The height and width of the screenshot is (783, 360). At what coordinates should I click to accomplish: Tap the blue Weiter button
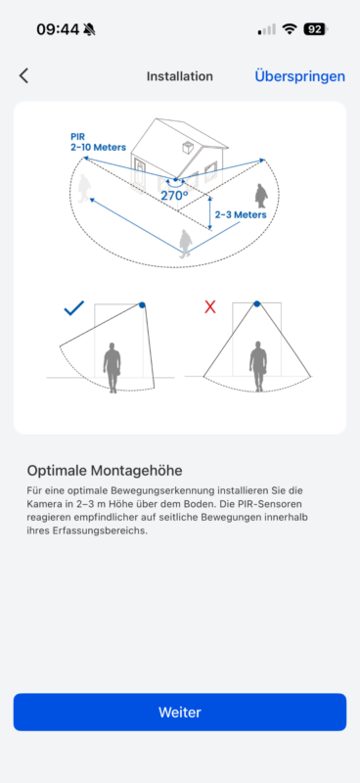[x=180, y=712]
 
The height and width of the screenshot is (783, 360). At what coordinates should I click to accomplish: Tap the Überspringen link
[x=299, y=76]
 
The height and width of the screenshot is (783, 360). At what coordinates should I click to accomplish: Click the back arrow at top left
[x=23, y=76]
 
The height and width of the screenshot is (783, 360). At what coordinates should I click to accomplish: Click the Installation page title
[x=180, y=76]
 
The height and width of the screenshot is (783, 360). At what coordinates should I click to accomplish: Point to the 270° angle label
[x=174, y=195]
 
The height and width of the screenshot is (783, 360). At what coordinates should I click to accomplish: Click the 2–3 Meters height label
[x=241, y=214]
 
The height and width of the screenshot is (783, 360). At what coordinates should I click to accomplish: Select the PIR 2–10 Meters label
[x=98, y=141]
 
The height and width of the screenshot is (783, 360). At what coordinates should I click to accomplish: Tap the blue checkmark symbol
[x=74, y=308]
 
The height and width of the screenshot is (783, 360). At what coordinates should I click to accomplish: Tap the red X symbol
[x=210, y=307]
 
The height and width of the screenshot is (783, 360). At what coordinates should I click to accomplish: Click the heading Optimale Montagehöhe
[x=105, y=470]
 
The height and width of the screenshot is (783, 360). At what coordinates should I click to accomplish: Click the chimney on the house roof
[x=188, y=148]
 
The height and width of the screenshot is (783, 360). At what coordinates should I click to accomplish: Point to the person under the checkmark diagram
[x=112, y=367]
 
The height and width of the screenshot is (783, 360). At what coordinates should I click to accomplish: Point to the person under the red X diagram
[x=258, y=366]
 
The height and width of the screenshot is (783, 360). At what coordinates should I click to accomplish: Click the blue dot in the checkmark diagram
[x=142, y=304]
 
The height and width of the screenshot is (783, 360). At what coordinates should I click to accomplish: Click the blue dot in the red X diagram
[x=256, y=303]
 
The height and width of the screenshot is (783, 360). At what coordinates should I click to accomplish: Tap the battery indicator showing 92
[x=316, y=29]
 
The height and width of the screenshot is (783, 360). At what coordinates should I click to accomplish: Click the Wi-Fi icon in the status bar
[x=290, y=29]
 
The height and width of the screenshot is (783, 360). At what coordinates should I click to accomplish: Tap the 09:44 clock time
[x=58, y=29]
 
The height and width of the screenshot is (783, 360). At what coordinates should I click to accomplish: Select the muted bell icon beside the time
[x=89, y=29]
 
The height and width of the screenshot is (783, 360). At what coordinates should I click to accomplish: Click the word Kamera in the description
[x=40, y=504]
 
